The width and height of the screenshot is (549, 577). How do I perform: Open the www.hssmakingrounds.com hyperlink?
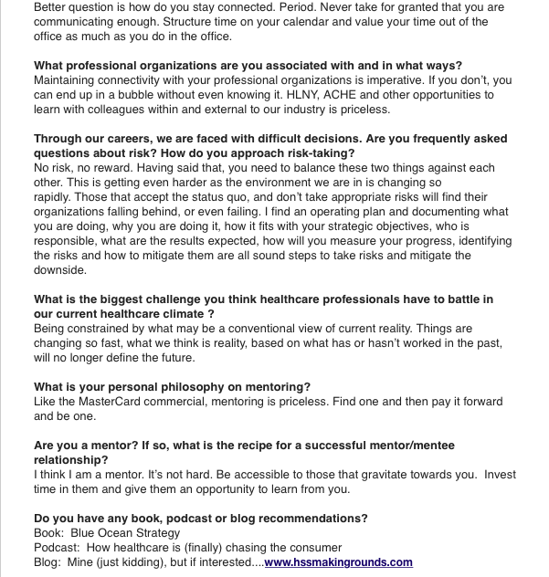(338, 562)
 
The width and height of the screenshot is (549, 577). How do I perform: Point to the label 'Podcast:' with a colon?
(58, 548)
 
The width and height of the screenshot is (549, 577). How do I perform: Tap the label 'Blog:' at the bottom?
(48, 562)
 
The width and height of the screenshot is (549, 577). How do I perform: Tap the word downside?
(61, 270)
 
